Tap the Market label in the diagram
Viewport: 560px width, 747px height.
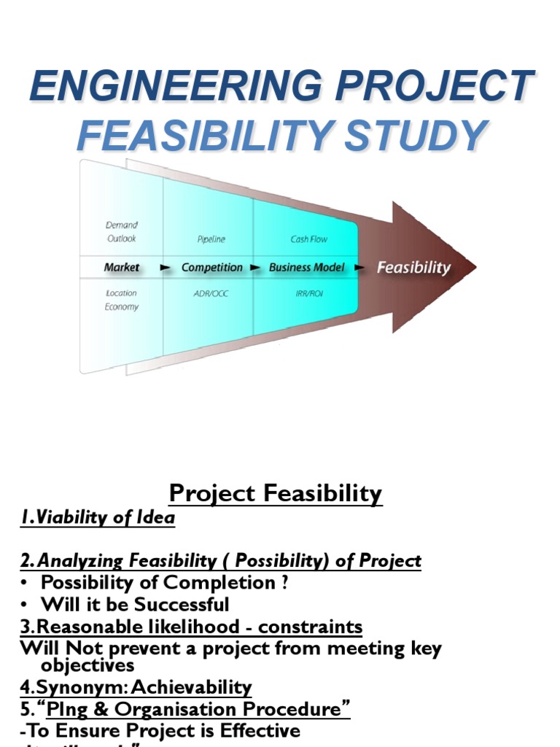[121, 268]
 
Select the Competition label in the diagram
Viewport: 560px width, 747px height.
[211, 268]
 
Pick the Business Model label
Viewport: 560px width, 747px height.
[307, 268]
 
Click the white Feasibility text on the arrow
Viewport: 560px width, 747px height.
[413, 268]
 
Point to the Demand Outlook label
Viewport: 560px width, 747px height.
[121, 232]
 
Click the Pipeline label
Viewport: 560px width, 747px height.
[211, 239]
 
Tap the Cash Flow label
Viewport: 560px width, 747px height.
[309, 239]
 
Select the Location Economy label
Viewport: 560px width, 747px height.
[121, 300]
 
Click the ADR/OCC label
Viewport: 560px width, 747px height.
[211, 293]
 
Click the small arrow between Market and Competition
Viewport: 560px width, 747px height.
[166, 268]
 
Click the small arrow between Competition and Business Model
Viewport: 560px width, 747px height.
[255, 268]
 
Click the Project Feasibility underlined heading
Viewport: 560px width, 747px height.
[276, 494]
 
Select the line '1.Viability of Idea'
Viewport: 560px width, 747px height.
[98, 519]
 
